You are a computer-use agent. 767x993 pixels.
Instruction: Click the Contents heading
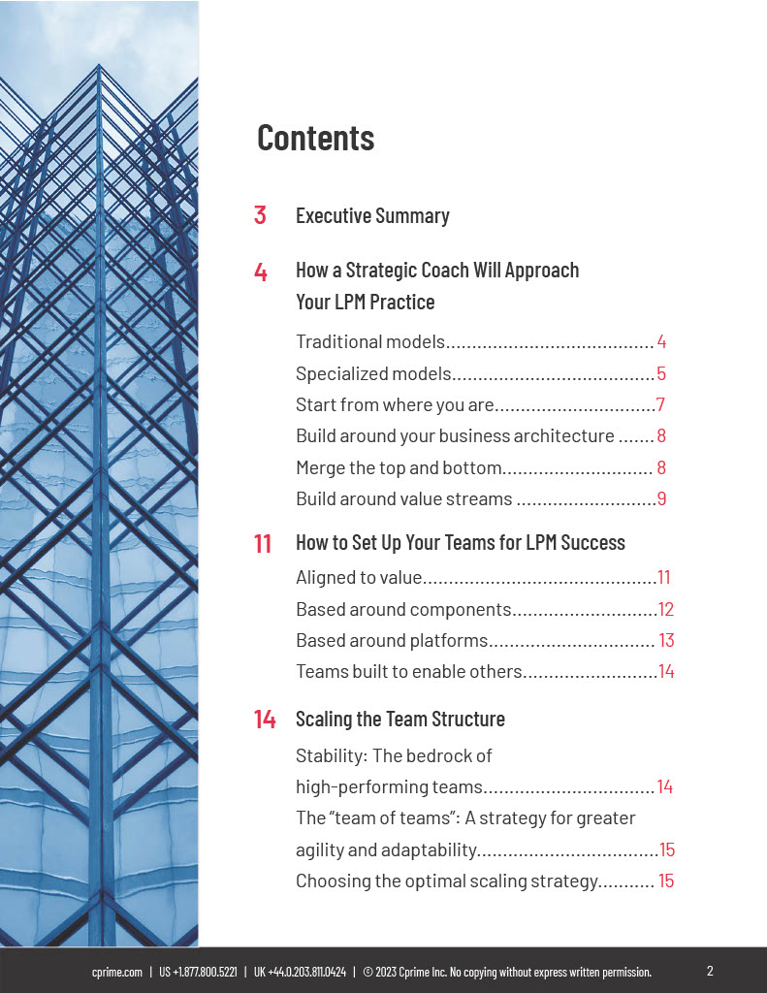(315, 138)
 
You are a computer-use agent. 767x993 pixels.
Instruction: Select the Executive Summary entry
(372, 215)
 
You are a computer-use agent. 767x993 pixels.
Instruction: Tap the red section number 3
(260, 215)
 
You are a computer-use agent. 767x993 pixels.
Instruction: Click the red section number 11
(263, 543)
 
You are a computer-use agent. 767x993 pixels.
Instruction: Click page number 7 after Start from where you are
(660, 405)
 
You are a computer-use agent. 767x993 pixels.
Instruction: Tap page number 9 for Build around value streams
(661, 499)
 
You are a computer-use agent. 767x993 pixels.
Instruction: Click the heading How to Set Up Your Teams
(460, 543)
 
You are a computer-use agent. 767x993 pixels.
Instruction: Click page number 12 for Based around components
(665, 610)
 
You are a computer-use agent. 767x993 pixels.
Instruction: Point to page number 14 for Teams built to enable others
(666, 672)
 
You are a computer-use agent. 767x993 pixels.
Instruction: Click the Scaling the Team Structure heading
(399, 720)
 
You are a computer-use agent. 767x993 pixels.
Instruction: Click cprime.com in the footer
(117, 972)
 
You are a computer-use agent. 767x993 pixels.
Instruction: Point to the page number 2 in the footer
(710, 971)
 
